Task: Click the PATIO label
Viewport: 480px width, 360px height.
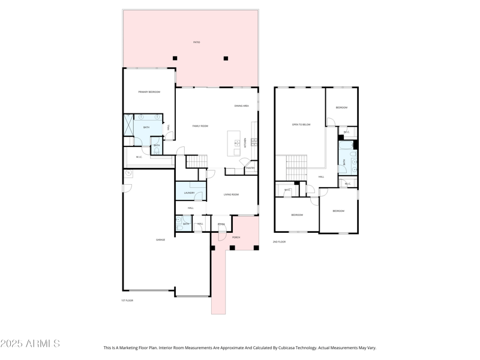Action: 196,43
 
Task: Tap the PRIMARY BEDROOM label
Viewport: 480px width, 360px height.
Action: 149,92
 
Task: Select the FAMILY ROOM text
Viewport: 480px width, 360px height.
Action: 200,126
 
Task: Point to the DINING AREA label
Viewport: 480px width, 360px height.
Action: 241,106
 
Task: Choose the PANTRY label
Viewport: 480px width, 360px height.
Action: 250,168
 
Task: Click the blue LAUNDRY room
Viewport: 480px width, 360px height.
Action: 190,191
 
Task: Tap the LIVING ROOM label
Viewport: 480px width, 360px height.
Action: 232,194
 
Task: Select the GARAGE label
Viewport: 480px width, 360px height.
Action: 161,240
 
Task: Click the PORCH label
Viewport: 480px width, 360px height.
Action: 236,238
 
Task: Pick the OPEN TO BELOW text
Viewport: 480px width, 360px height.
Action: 301,125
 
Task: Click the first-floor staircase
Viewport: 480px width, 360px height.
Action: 196,161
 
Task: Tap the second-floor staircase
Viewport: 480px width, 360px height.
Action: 295,166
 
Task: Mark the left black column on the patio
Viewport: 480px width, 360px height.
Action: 175,58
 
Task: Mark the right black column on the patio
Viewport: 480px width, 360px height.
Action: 226,58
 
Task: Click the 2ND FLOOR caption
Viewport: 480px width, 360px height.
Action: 279,242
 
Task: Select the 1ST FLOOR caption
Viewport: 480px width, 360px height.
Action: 127,300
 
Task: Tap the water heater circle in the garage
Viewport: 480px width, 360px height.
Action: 128,173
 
